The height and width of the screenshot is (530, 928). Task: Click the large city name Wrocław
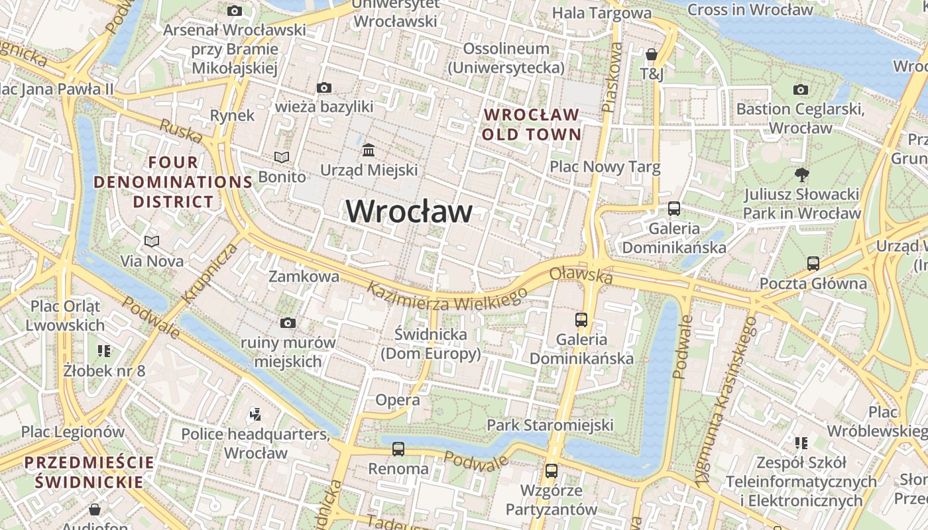409,211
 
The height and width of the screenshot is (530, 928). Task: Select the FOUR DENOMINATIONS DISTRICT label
173,182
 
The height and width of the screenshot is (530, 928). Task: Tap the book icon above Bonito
282,157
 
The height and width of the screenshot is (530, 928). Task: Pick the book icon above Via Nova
152,241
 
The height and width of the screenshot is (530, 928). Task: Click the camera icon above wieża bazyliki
324,87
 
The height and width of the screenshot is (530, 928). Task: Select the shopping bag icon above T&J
652,54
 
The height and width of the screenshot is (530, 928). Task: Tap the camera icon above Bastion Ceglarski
800,89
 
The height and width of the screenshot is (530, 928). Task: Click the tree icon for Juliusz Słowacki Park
801,175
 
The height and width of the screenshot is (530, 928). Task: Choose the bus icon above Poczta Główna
813,264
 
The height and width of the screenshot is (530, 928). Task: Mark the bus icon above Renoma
398,449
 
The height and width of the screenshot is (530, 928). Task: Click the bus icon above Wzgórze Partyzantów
551,471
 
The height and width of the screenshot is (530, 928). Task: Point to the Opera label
397,400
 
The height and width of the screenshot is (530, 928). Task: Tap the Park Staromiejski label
550,425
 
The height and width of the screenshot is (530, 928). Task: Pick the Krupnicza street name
209,273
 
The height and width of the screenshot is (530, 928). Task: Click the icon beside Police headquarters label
255,415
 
